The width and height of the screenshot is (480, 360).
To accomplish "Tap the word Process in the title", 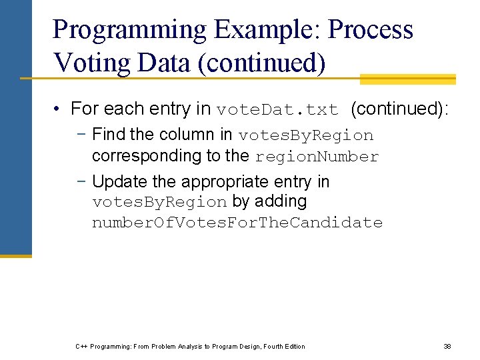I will point(371,30).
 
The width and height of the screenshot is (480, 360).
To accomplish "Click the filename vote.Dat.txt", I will point(277,109).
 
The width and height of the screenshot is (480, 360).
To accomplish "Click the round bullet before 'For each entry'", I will point(59,109).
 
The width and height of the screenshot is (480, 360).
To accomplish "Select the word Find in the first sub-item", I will point(109,135).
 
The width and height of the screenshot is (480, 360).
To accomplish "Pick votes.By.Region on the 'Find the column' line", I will point(305,135).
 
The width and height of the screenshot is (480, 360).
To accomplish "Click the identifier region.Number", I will point(316,157).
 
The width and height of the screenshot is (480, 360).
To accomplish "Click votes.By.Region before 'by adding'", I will point(159,202).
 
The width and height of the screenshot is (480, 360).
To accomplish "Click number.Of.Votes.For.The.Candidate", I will point(237,223).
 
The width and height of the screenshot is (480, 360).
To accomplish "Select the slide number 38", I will point(447,346).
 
